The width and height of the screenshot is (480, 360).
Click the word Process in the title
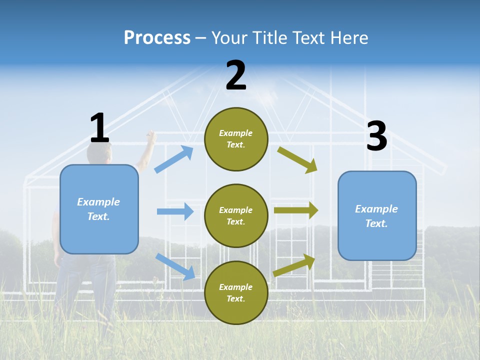coord(157,37)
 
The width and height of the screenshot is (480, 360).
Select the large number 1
coord(99,127)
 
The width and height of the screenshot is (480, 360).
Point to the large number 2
coord(236,75)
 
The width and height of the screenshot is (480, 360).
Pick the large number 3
coord(377,135)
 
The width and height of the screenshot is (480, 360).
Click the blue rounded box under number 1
coord(99,209)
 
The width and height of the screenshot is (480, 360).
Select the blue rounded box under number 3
coord(377,216)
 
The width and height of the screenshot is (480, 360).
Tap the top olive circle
coord(236,139)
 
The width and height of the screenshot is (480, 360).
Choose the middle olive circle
coord(236,216)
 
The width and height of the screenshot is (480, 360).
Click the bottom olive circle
coord(236,292)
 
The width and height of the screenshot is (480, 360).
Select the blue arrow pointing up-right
coord(173,159)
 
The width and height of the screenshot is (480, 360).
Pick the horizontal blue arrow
coord(175,211)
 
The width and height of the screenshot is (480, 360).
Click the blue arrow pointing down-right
coord(175,266)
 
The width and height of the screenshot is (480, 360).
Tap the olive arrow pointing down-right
coord(297,160)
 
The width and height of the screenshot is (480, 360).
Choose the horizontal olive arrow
coord(296,210)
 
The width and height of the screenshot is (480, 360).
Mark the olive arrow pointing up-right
coord(294,265)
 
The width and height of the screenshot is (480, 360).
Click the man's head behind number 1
coord(99,152)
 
